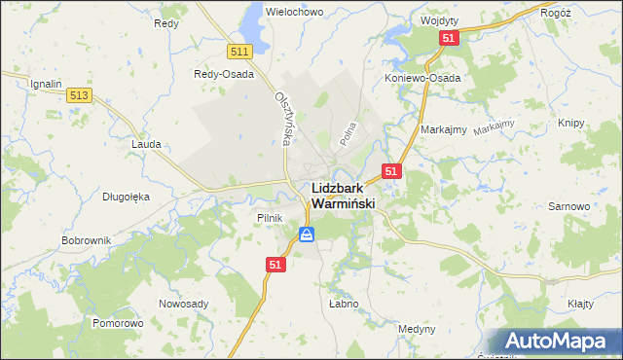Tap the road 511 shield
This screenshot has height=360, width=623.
click(x=240, y=51)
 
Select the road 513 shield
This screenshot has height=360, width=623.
click(x=80, y=94)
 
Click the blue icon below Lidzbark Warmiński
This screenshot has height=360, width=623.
click(x=307, y=234)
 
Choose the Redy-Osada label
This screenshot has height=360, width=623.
click(x=224, y=74)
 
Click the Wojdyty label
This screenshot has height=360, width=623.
click(x=439, y=19)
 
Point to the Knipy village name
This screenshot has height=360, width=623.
click(x=570, y=124)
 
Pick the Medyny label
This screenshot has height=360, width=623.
click(x=417, y=329)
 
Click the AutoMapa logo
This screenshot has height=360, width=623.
click(x=558, y=342)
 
